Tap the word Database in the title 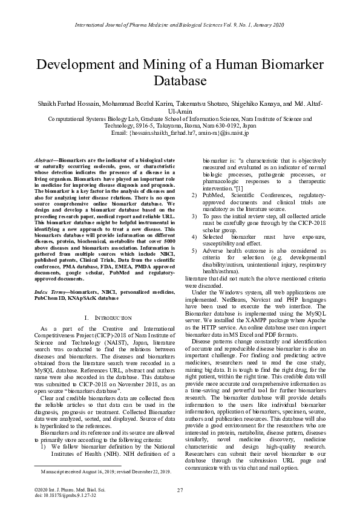click(180, 80)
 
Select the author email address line click(180, 132)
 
